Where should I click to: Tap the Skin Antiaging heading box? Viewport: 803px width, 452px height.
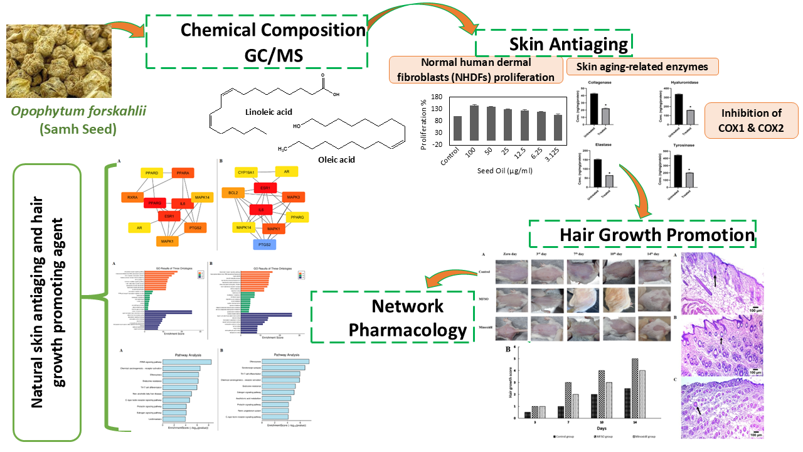(554, 44)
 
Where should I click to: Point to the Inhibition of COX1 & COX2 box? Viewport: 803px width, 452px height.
(751, 121)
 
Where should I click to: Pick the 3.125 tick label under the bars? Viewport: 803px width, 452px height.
(555, 151)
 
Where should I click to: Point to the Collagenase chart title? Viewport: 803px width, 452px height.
(600, 82)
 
